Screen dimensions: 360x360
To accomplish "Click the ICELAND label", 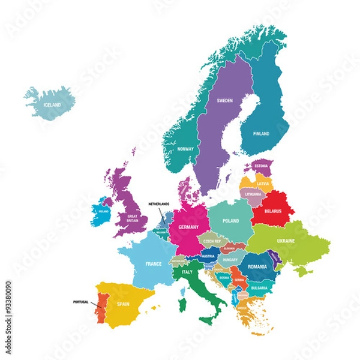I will [53, 105].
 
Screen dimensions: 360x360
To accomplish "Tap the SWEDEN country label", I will [224, 101].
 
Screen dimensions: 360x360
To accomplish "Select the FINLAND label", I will [261, 134].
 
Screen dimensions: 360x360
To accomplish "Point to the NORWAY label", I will [185, 148].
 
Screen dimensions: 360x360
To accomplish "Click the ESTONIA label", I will [261, 166].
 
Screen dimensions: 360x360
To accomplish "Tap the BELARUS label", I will [273, 211].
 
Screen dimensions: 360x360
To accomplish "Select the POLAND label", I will [231, 221].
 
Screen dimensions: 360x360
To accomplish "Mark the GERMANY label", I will [188, 228].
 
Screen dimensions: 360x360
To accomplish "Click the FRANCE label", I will [154, 263].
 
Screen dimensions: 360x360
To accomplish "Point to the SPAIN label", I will [123, 304].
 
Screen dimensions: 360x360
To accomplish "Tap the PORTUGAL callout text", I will [80, 301].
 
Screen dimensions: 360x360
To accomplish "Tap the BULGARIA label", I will [259, 287].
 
